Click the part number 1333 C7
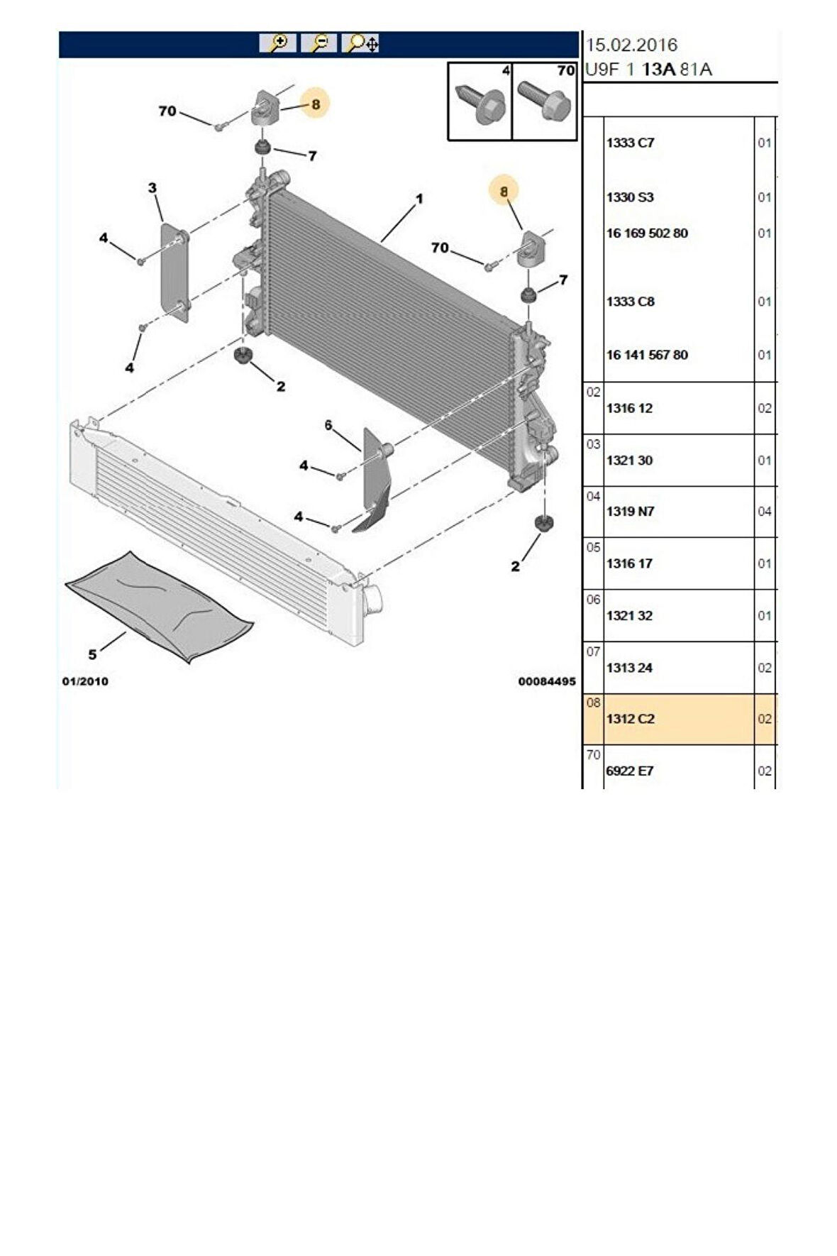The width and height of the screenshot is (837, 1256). (x=630, y=143)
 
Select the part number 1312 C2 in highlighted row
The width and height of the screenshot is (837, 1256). (x=630, y=719)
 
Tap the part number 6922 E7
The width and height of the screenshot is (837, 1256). (x=630, y=771)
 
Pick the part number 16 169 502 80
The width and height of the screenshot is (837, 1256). (x=647, y=233)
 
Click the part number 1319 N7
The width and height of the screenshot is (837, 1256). (x=630, y=512)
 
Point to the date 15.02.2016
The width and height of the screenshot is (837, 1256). (x=631, y=45)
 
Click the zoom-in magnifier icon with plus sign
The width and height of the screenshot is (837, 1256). (x=278, y=43)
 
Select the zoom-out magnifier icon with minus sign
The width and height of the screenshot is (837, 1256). (x=319, y=43)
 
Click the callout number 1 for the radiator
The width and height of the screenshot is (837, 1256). (x=419, y=199)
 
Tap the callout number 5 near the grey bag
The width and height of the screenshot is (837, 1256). (x=92, y=654)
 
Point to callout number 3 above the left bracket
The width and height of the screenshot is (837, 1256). (x=152, y=188)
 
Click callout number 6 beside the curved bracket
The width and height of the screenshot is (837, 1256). (x=328, y=425)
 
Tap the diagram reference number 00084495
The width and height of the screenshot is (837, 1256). (x=546, y=681)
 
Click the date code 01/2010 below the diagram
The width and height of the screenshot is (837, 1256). (x=85, y=681)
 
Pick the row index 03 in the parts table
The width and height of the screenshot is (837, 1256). (x=593, y=444)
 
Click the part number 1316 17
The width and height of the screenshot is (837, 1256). (x=630, y=563)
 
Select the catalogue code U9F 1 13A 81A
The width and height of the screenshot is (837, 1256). (x=648, y=70)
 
